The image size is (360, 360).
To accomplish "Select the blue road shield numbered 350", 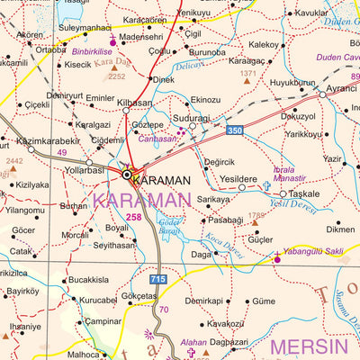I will (x=235, y=131).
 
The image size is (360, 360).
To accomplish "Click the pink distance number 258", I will (x=134, y=217).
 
